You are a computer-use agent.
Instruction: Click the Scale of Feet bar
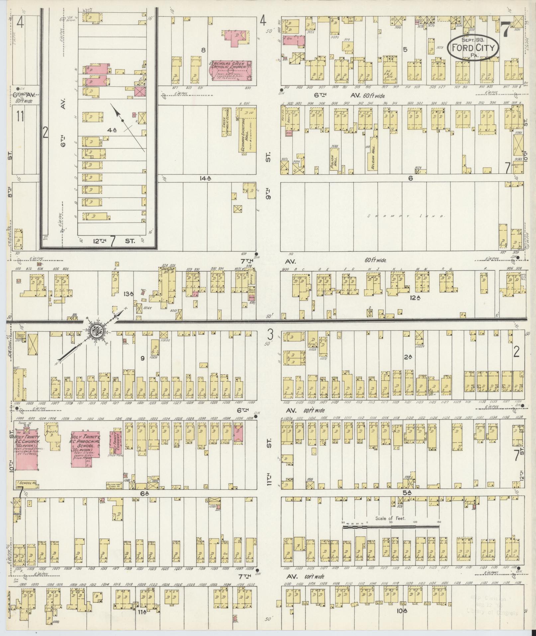[391, 527]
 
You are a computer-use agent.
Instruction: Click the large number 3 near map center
[271, 333]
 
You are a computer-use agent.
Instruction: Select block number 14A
[206, 178]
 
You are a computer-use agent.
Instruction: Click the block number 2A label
[408, 357]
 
